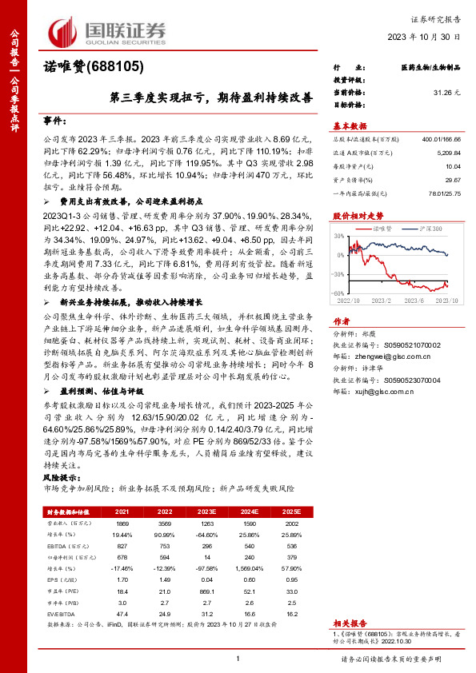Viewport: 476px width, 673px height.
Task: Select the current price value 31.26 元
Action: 447,93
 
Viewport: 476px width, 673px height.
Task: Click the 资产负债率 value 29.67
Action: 451,180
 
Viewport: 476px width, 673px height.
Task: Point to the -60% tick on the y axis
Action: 339,294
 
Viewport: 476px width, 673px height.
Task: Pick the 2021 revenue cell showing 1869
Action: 122,521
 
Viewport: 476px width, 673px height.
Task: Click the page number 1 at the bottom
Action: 238,657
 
